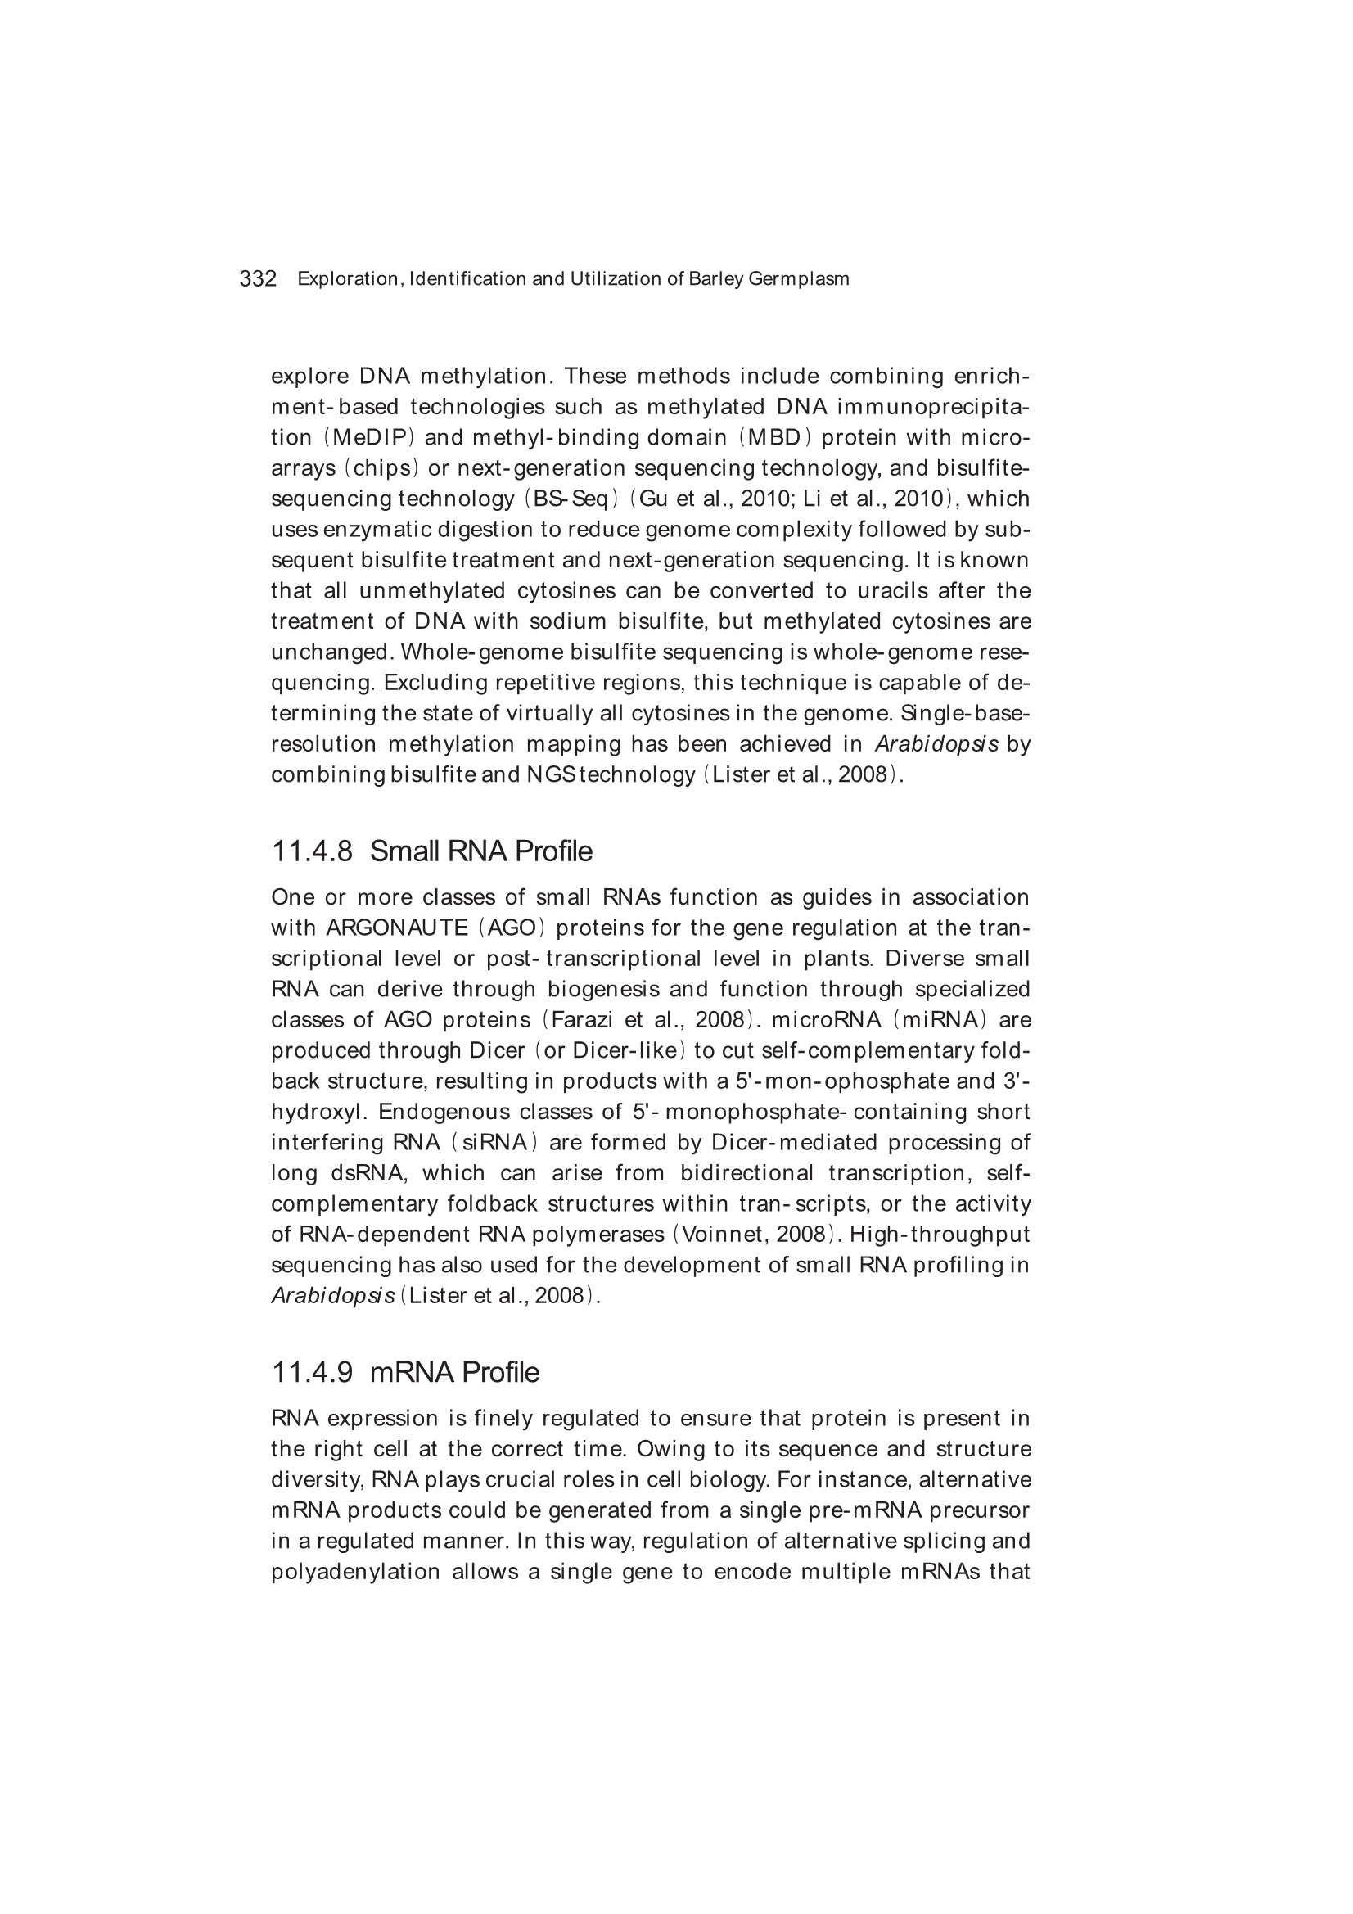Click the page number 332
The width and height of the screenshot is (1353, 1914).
[258, 278]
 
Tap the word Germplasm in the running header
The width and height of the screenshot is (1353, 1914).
[799, 279]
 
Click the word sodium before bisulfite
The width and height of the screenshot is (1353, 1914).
[568, 622]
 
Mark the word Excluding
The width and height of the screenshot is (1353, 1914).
[436, 683]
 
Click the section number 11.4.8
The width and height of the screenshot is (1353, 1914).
[312, 851]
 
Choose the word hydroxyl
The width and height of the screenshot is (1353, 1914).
[319, 1112]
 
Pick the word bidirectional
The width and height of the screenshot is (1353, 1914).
[746, 1174]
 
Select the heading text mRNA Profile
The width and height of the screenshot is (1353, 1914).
[454, 1372]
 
